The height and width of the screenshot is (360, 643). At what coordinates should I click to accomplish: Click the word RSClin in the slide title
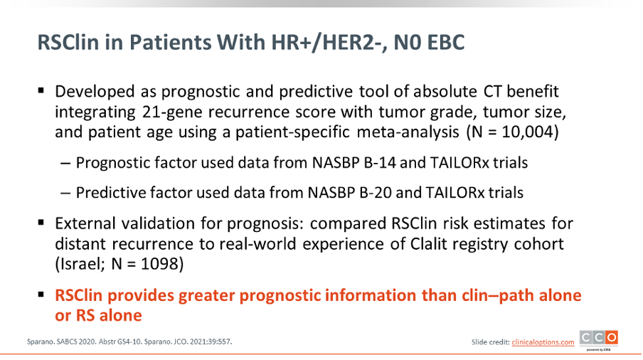coord(68,42)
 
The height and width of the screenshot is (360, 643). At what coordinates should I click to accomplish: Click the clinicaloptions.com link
coord(543,342)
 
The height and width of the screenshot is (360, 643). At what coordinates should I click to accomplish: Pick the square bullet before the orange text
coord(41,295)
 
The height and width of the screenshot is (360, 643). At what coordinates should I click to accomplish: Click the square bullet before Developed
coord(41,90)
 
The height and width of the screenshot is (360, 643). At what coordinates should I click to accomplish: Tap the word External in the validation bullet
coord(80,223)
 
